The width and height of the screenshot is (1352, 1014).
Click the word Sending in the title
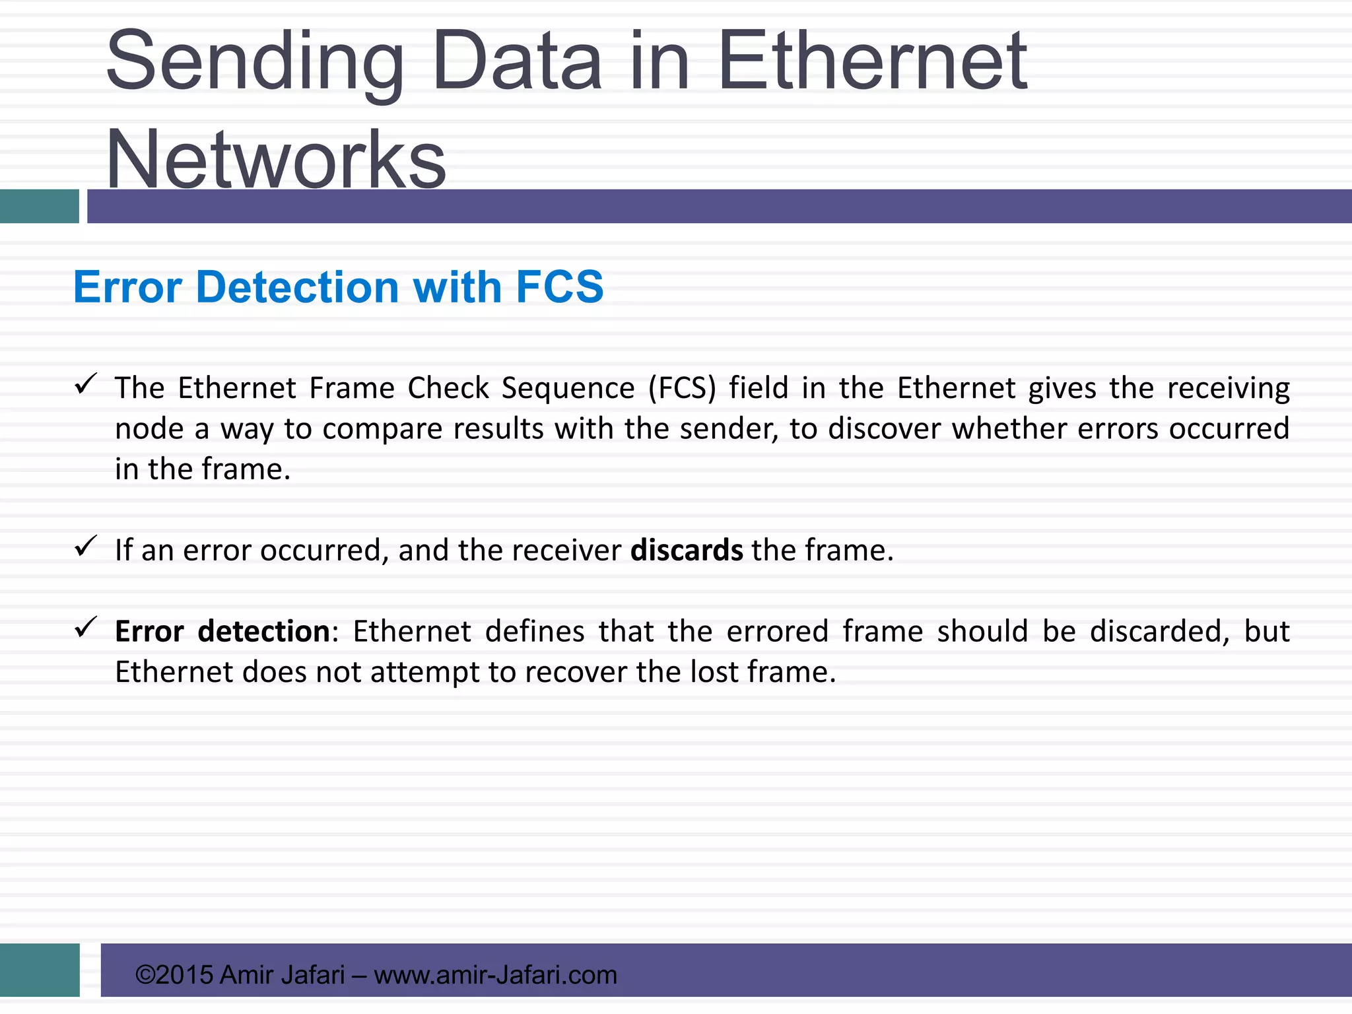[x=254, y=63]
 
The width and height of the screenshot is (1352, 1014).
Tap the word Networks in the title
[x=276, y=160]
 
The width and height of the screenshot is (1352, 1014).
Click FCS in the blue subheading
[x=559, y=287]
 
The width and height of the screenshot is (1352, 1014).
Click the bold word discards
[x=687, y=550]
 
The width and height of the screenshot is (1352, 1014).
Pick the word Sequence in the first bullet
[x=568, y=388]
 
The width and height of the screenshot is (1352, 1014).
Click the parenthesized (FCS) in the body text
[x=682, y=388]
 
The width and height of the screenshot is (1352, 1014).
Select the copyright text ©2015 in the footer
[x=174, y=975]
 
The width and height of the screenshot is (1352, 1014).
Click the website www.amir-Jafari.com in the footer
[x=495, y=975]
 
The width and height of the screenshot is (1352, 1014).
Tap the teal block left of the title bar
[x=39, y=206]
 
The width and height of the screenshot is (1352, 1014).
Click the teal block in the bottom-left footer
[x=40, y=970]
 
